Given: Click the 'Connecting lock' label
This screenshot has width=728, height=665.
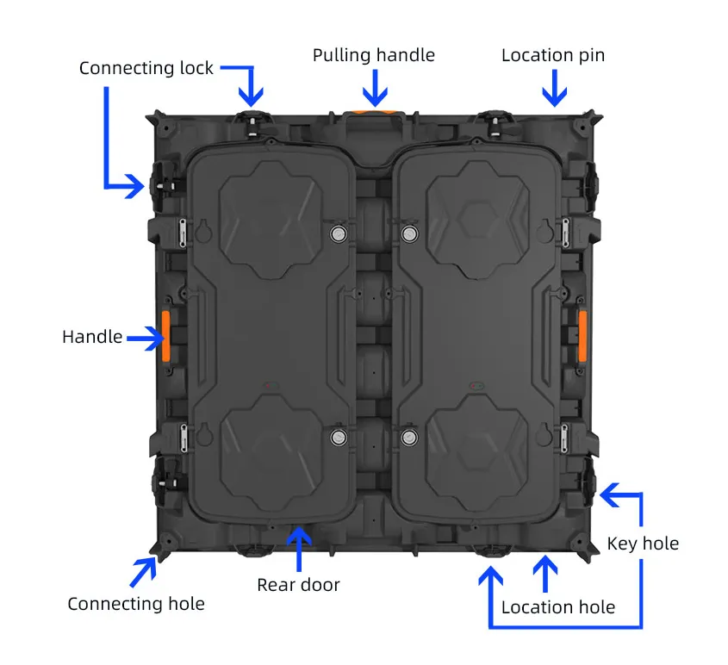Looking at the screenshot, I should tap(146, 68).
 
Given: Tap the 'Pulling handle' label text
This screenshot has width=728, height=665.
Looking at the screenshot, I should tap(373, 55).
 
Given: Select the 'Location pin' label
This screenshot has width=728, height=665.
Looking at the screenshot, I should tap(553, 55).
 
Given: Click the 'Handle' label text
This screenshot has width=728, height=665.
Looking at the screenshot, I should tap(92, 337).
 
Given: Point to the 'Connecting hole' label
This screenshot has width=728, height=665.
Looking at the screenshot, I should tap(136, 604).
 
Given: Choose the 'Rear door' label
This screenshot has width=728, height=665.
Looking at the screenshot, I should tap(298, 585).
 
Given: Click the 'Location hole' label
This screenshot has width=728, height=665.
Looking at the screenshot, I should tap(557, 607).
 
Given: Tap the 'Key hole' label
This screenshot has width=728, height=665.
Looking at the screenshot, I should tap(643, 544).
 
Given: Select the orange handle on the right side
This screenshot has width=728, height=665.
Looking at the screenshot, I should tap(582, 336).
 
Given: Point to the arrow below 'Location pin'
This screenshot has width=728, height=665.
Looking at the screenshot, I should tap(554, 89).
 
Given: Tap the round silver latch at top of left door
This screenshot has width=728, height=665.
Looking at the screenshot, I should tap(338, 233).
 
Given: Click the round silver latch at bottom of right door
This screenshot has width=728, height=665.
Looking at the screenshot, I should tap(410, 436).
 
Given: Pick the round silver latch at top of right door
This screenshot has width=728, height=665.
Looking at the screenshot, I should tap(410, 233).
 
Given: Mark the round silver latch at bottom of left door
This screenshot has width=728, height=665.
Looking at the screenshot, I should tap(338, 436).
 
